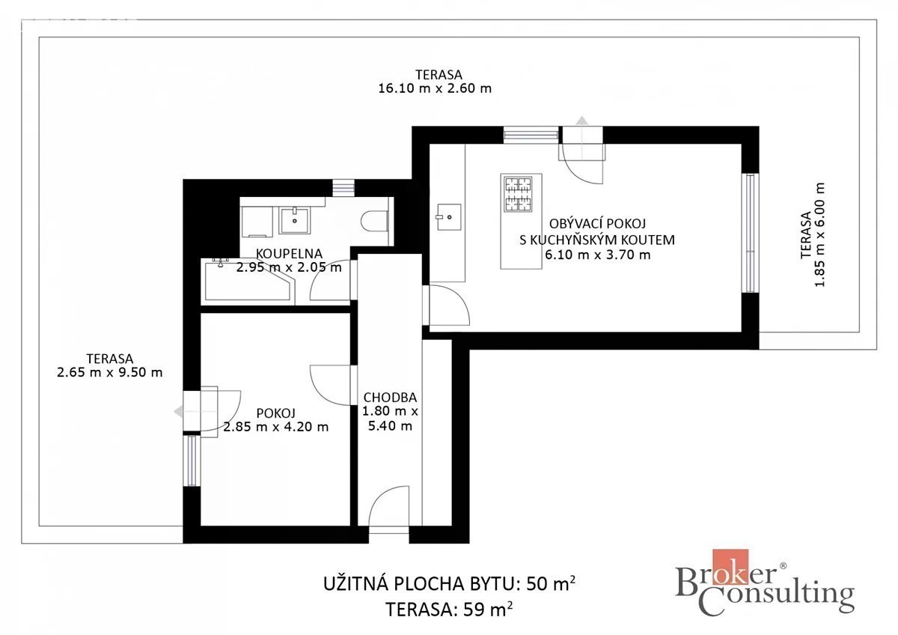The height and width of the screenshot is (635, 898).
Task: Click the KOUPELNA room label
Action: (289, 254)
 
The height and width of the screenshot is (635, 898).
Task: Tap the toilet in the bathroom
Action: (374, 221)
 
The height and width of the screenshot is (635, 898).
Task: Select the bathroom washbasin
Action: (295, 220)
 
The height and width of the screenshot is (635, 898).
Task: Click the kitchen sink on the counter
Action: (448, 217)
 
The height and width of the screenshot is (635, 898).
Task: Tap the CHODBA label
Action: (390, 398)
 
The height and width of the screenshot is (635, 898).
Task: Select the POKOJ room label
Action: (276, 413)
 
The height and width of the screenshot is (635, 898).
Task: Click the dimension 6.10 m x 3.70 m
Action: (598, 255)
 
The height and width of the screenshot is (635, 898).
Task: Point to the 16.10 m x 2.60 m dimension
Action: (435, 88)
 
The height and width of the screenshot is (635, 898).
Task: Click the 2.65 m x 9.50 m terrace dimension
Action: (109, 373)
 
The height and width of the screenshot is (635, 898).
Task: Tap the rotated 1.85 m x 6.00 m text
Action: (820, 234)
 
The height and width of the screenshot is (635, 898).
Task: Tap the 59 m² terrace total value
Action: (488, 610)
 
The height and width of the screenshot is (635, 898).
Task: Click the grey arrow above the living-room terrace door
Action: (581, 121)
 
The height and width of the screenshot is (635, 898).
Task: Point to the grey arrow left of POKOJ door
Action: (178, 412)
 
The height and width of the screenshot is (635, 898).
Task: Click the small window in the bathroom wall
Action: (343, 188)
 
